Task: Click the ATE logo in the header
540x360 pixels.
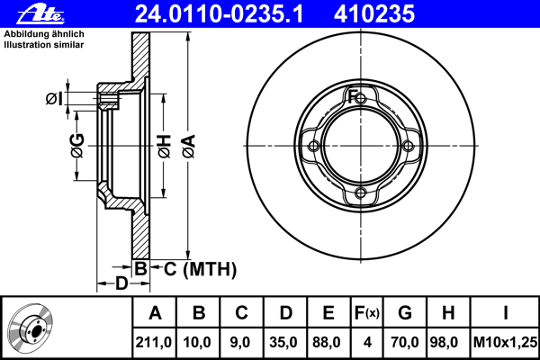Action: click(x=40, y=14)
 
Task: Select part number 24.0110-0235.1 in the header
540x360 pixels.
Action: click(x=219, y=14)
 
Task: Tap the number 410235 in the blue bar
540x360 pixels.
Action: click(x=374, y=14)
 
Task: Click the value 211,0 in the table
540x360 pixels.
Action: click(x=154, y=342)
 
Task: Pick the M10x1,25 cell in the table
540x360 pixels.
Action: click(x=505, y=342)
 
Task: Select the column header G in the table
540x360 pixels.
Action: click(x=405, y=313)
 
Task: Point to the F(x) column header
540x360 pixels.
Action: click(x=367, y=313)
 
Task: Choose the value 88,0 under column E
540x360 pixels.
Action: click(x=326, y=342)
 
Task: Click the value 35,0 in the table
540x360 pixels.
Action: click(x=283, y=342)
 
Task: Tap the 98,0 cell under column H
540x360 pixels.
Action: click(x=444, y=342)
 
